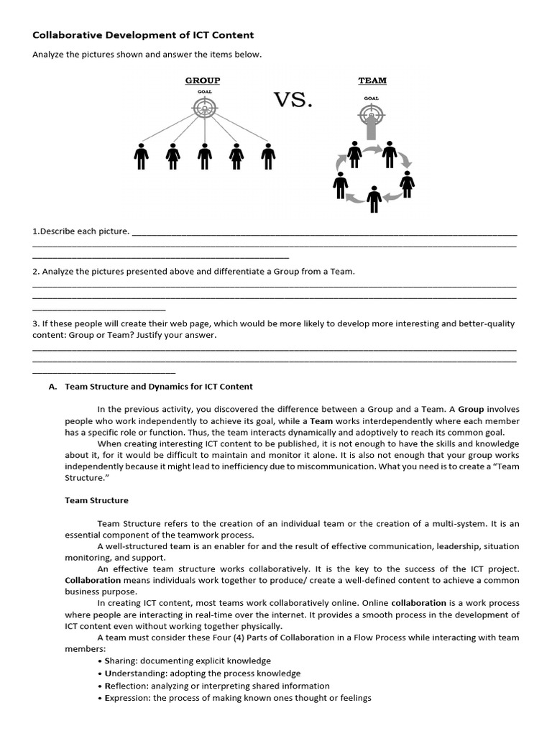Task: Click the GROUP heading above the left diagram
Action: (x=203, y=80)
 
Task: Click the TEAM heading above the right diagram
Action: (x=372, y=80)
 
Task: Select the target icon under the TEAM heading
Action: (x=371, y=114)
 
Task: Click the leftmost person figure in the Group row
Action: (x=141, y=156)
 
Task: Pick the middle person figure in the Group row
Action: (x=205, y=156)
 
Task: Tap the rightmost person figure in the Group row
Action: (x=268, y=156)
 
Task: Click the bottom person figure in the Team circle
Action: (x=373, y=199)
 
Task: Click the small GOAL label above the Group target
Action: (x=204, y=92)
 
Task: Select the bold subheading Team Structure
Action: (x=97, y=500)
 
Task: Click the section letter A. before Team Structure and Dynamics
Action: (x=52, y=386)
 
